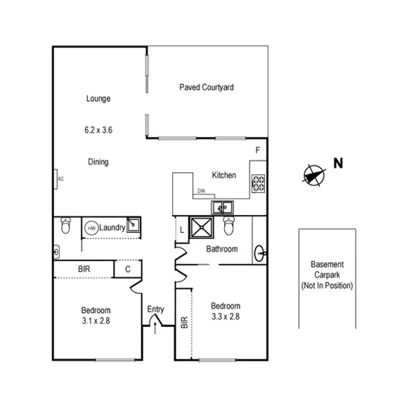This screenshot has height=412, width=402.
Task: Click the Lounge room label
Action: tap(98, 99)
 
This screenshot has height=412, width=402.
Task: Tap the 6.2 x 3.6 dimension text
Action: tap(98, 130)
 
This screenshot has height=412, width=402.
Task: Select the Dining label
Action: tap(98, 162)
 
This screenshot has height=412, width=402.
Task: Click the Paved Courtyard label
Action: tap(207, 88)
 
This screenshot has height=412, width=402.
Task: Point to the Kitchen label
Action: tap(224, 175)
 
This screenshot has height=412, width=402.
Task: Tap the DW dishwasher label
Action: tap(201, 191)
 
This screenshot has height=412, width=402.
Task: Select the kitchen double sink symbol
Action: tap(223, 207)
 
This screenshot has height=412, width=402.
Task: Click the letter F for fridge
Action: tap(258, 151)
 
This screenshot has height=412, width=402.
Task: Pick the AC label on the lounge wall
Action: tap(60, 179)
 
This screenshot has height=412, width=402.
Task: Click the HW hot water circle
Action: tap(91, 228)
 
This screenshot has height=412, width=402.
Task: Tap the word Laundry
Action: tap(112, 228)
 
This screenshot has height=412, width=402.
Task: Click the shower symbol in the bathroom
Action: tap(203, 227)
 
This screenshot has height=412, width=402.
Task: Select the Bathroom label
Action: tap(221, 249)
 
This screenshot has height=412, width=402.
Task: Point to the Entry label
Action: tap(155, 309)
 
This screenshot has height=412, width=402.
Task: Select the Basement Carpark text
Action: tap(327, 270)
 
